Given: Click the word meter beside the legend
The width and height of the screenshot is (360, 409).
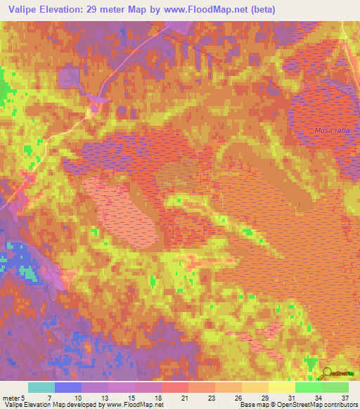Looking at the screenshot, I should tap(11, 398).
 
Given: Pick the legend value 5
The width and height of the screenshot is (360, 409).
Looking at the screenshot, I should tap(23, 398).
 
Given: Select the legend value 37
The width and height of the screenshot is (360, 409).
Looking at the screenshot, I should tap(344, 398).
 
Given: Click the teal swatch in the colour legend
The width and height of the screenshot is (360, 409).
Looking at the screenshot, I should tap(41, 387).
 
